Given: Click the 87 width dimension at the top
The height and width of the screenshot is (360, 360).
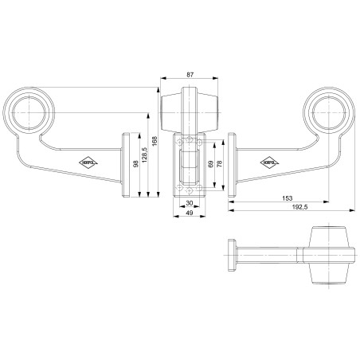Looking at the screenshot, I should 189,74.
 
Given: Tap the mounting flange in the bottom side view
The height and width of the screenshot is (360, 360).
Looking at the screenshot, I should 229,256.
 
